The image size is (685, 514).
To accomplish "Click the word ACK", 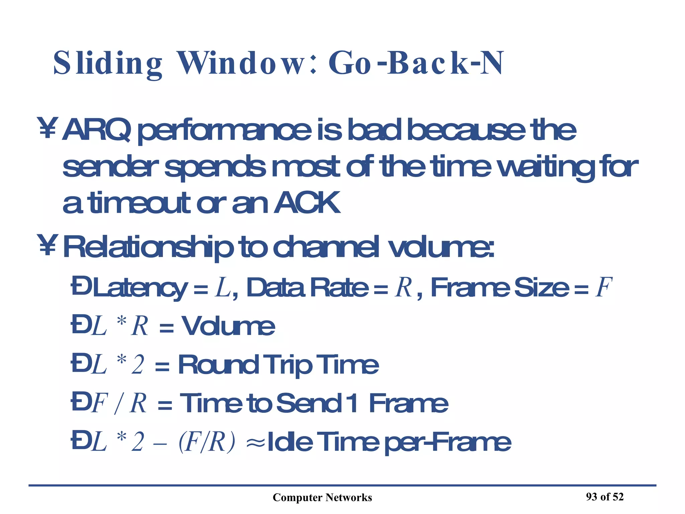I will (307, 203).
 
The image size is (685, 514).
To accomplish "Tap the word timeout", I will (140, 203).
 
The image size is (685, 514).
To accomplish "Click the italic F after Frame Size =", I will (604, 287).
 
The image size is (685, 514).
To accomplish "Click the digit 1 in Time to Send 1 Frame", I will (352, 403).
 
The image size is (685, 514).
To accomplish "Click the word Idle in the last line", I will (290, 442).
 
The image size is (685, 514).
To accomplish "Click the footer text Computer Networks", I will (322, 498).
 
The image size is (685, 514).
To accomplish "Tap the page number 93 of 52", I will (605, 497).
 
